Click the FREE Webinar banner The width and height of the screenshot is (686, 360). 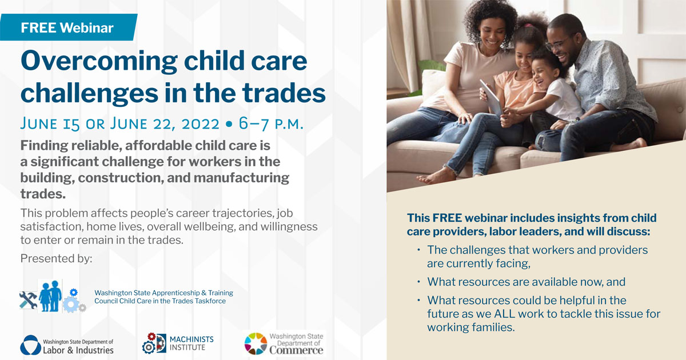(68, 27)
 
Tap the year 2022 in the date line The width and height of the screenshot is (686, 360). (200, 123)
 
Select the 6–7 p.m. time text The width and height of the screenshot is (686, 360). (271, 123)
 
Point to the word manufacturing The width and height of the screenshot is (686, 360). (241, 178)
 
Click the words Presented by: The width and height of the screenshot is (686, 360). (57, 259)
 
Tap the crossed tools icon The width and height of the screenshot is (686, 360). (28, 299)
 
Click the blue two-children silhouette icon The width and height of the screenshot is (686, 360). (50, 296)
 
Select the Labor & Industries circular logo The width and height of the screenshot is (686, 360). (31, 345)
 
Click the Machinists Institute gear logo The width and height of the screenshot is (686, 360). (154, 343)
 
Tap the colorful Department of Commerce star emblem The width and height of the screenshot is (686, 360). (256, 343)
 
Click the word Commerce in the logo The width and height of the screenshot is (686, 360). (296, 350)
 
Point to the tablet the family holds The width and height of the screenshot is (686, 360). (491, 98)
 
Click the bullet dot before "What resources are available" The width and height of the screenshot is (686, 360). (418, 281)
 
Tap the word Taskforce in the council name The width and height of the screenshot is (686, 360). (210, 301)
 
